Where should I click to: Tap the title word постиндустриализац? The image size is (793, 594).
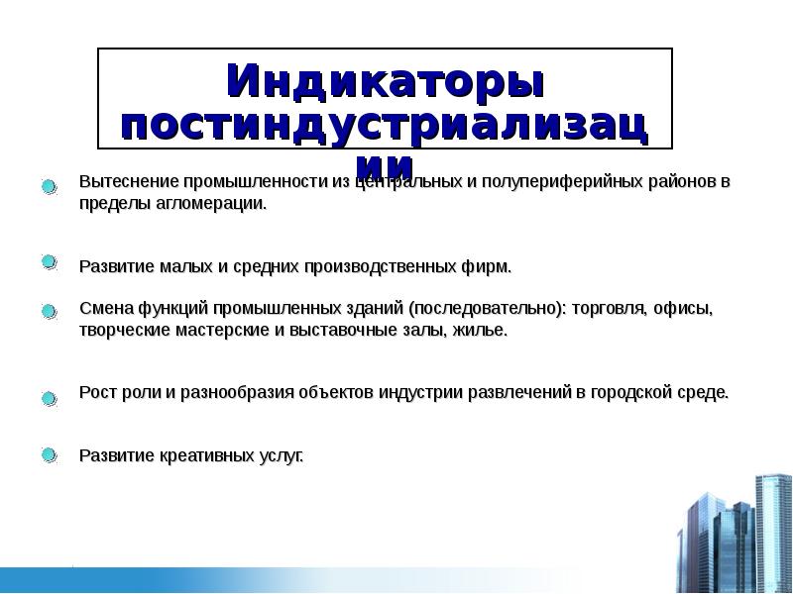(385, 126)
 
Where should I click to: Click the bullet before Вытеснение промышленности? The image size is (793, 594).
(49, 186)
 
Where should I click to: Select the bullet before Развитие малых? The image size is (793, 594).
(49, 263)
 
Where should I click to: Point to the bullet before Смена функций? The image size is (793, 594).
(49, 312)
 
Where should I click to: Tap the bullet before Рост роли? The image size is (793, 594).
(49, 399)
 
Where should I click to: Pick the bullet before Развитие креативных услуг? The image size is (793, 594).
(49, 454)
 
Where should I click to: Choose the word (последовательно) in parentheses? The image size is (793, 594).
(488, 308)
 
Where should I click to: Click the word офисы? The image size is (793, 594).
(683, 308)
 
